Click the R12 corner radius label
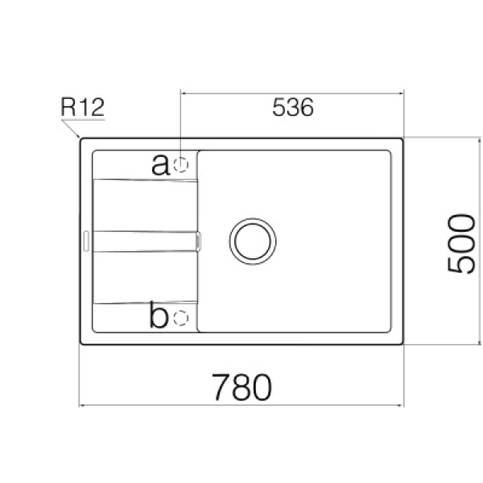pyautogui.click(x=83, y=107)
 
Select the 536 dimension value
pyautogui.click(x=293, y=107)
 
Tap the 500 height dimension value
pyautogui.click(x=461, y=244)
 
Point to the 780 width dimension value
pyautogui.click(x=242, y=387)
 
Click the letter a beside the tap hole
pyautogui.click(x=160, y=164)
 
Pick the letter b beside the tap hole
pyautogui.click(x=159, y=315)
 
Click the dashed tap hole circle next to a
pyautogui.click(x=181, y=165)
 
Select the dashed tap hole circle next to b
pyautogui.click(x=181, y=318)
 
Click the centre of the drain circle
pyautogui.click(x=253, y=242)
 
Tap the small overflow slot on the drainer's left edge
pyautogui.click(x=86, y=242)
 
